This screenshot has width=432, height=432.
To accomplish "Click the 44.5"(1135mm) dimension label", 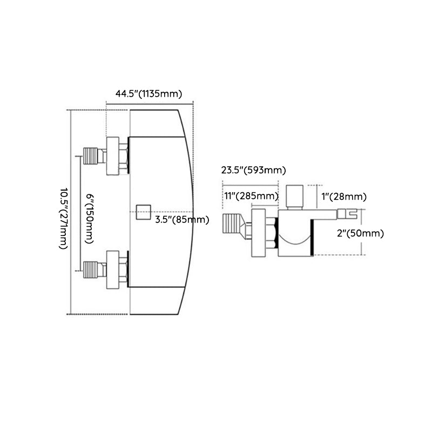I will point(148,93).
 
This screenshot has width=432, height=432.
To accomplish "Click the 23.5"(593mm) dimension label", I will point(253,171).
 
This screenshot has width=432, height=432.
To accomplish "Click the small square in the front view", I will point(144,212).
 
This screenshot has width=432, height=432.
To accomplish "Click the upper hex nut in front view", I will point(113,156).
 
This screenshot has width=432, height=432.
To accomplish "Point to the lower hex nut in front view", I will point(113,269).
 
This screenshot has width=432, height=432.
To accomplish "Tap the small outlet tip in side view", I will point(345,215).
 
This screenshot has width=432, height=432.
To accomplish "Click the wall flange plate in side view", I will point(258,233).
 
